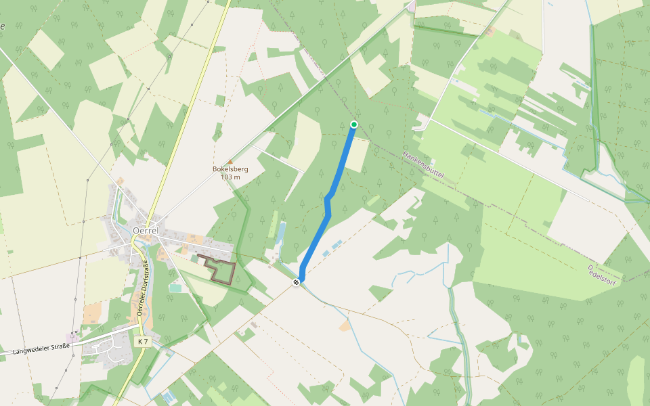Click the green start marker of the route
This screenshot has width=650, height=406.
click(x=353, y=124)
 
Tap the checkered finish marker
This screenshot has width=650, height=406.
click(x=296, y=282)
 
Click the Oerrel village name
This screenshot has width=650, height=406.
click(x=146, y=230)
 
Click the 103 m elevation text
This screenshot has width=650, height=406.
click(x=230, y=177)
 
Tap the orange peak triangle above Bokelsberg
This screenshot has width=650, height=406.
click(x=230, y=161)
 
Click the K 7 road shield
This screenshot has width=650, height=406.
click(x=142, y=342)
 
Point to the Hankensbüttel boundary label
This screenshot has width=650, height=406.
click(x=423, y=164)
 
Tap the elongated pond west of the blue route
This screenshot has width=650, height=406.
click(x=282, y=233)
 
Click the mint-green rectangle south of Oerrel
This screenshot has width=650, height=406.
click(x=175, y=288)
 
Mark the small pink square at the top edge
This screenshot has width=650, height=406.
click(x=411, y=7)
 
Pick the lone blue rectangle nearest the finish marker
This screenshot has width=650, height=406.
click(x=326, y=254)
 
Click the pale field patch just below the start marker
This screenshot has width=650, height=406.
click(x=357, y=155)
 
